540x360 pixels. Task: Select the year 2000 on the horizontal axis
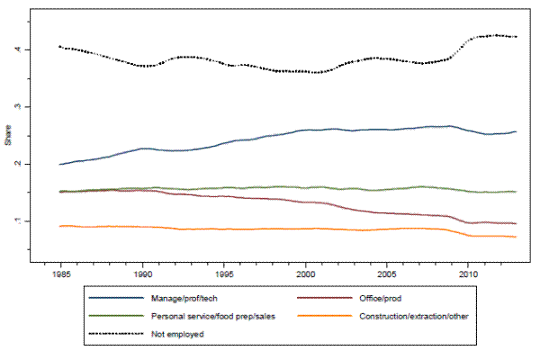(x=306, y=271)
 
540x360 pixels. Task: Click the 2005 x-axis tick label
(x=387, y=271)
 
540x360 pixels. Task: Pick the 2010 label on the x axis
(x=468, y=271)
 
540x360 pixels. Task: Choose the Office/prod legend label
(x=375, y=298)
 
